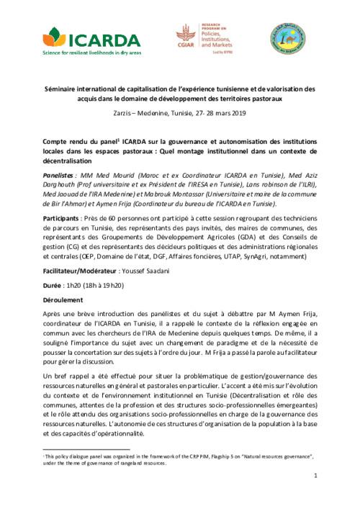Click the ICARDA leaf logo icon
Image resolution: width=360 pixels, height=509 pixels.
pyautogui.click(x=55, y=36)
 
